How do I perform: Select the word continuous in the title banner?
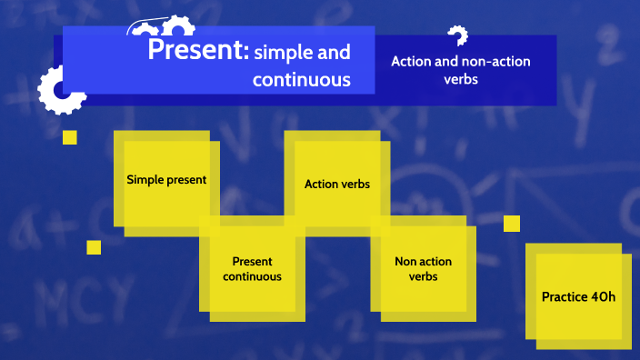coord(301,80)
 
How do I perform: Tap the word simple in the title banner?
coord(283,53)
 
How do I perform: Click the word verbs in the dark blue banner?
coord(460,79)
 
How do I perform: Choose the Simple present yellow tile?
coord(166,180)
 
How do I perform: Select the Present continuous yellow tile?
coord(252,269)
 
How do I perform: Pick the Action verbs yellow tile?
coord(336,184)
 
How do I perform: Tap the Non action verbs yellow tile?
coord(423,269)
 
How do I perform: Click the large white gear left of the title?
coord(61,90)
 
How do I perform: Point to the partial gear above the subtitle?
coord(457,35)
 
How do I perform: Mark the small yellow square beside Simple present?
coord(70,137)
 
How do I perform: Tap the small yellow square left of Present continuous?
coord(94,247)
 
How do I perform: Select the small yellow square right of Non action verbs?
coord(512,224)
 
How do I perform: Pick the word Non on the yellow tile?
coord(405,262)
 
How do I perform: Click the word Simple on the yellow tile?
coord(145,180)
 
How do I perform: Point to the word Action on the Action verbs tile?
coord(320,184)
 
